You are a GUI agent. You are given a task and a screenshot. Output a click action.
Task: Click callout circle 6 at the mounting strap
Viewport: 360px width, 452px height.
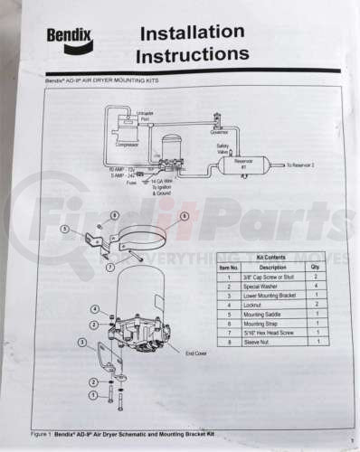[184, 217]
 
